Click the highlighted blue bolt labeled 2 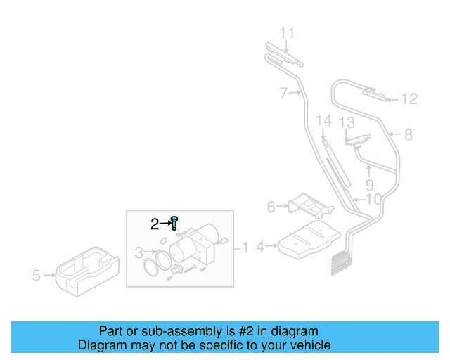(174, 224)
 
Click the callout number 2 (155, 225)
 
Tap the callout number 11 (288, 33)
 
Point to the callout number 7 (283, 93)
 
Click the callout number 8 (408, 134)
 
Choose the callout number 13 (347, 123)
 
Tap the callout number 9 (369, 187)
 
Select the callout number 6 (271, 207)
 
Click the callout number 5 (37, 276)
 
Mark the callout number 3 (139, 252)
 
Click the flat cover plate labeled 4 (310, 239)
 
